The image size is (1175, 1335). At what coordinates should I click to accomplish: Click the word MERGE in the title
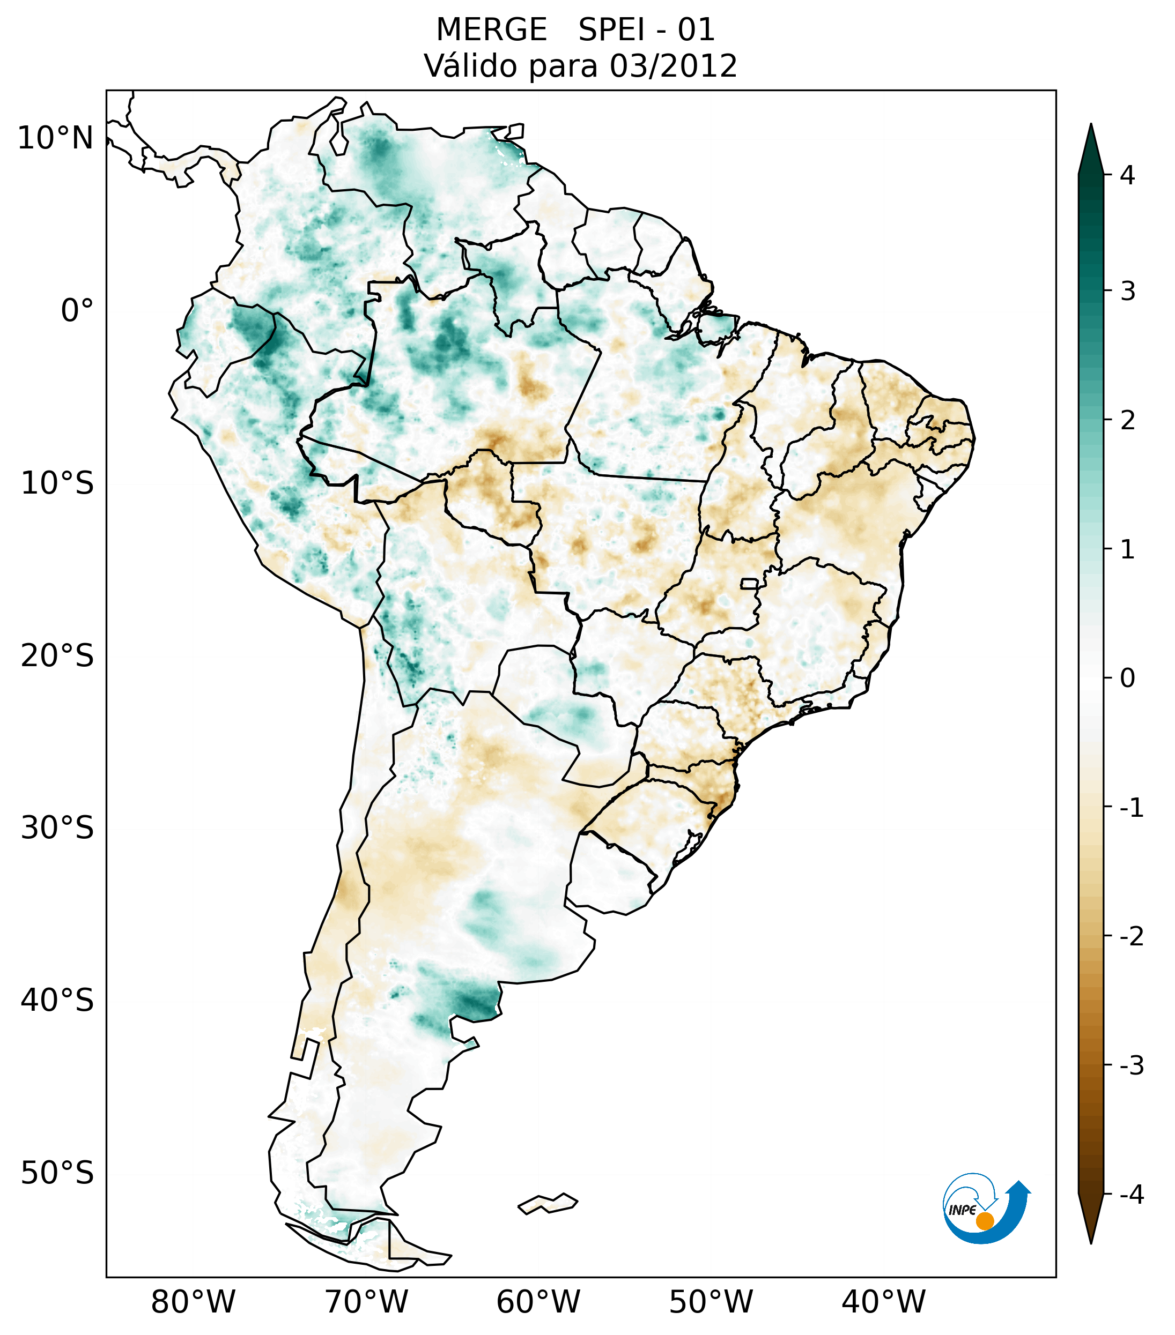pos(491,30)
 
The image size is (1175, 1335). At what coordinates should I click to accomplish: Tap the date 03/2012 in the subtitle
pos(673,66)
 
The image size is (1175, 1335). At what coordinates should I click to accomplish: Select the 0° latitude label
pos(77,311)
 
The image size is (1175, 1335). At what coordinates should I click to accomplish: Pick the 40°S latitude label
pos(57,1001)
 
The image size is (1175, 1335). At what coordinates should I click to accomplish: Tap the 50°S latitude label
pos(57,1174)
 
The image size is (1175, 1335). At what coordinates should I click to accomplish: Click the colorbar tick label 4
pos(1127,175)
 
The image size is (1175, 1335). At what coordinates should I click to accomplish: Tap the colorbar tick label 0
pos(1127,678)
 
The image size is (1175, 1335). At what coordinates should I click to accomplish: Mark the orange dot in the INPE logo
pos(985,1220)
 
